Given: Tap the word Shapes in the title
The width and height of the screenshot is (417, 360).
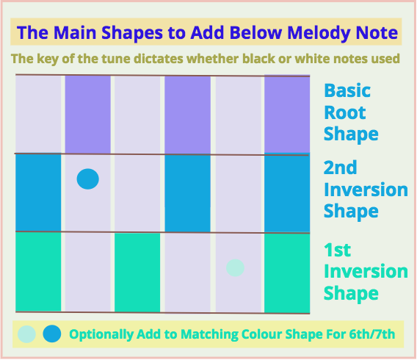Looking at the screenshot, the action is (132, 34).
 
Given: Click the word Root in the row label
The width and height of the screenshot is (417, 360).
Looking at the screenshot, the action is (345, 112).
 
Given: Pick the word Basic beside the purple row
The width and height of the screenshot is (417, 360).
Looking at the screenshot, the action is (347, 90).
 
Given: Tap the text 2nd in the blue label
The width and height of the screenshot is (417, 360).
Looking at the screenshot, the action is (340, 168).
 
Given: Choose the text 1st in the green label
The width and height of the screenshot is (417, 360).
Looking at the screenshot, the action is (337, 250).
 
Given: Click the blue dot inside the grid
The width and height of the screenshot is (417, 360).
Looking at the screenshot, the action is (88, 179).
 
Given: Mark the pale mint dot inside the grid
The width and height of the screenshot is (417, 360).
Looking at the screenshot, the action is (235, 268).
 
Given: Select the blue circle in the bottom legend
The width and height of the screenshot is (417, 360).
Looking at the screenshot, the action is (52, 334).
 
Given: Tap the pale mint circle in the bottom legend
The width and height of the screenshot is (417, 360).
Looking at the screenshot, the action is (26, 334).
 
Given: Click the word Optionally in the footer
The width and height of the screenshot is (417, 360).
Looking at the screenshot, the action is (101, 335).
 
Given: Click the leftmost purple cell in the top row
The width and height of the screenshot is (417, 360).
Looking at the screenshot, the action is (88, 115).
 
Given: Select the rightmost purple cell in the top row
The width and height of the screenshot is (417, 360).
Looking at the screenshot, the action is (287, 115).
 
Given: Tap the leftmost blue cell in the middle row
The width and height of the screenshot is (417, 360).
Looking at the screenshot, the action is (38, 192).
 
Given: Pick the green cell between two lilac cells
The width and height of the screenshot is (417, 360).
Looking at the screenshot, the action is (137, 272).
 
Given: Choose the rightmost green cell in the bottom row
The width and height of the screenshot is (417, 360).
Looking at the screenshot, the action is (287, 273).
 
